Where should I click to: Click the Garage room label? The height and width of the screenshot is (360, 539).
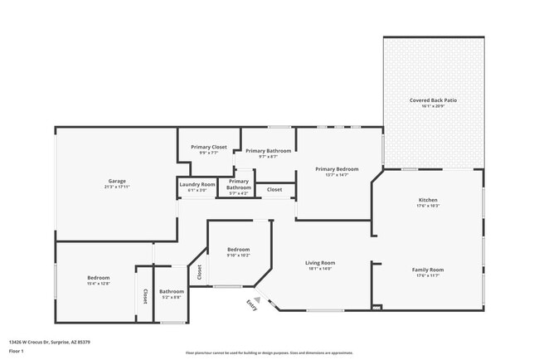(x=116, y=181)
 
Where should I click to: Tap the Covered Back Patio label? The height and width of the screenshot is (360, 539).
(x=433, y=100)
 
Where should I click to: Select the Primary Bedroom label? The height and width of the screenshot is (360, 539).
(x=336, y=169)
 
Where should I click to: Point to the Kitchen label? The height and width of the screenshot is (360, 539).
(x=427, y=200)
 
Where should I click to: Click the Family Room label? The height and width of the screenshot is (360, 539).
(x=428, y=270)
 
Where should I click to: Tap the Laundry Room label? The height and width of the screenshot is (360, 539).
(x=197, y=184)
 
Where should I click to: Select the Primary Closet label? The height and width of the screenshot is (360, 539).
(x=209, y=147)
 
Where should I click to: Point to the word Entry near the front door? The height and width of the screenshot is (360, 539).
(x=250, y=306)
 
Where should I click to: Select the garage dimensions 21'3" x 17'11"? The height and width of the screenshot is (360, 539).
(x=116, y=187)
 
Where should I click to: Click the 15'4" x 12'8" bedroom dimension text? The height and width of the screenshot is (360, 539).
(x=99, y=284)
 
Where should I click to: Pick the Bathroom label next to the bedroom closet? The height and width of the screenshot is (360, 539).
(x=172, y=291)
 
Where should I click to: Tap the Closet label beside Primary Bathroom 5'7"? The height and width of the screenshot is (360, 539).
(x=274, y=190)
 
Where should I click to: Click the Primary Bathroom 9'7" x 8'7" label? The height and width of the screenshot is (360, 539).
(x=268, y=151)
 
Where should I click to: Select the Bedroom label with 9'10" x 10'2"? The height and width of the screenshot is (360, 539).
(x=238, y=249)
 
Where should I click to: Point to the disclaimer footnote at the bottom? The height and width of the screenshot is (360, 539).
(x=269, y=352)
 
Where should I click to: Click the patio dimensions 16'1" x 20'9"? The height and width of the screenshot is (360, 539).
(x=433, y=106)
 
